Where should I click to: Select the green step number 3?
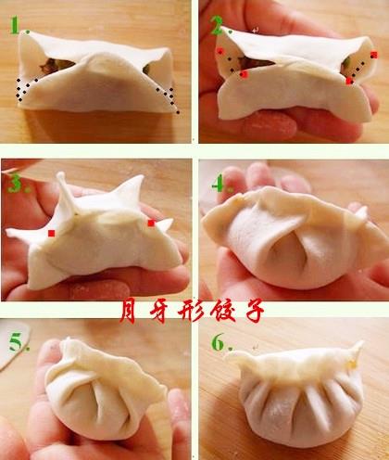pyautogui.click(x=15, y=184)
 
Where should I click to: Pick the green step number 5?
pyautogui.click(x=16, y=342)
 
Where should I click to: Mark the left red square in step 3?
pyautogui.click(x=52, y=234)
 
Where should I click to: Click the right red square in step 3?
pyautogui.click(x=151, y=223)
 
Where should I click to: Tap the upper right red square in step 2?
pyautogui.click(x=374, y=55)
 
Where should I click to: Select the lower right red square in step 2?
pyautogui.click(x=349, y=81)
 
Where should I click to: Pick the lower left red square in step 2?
pyautogui.click(x=245, y=74)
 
